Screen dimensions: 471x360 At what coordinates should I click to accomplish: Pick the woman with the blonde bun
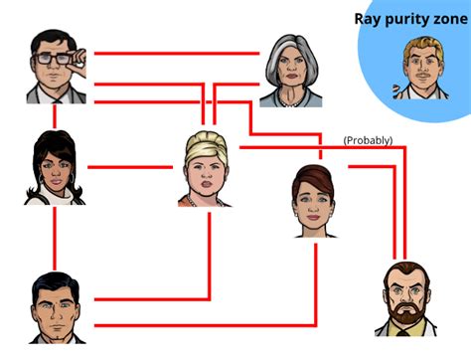click(207, 169)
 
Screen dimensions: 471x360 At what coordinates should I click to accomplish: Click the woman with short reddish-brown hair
click(317, 199)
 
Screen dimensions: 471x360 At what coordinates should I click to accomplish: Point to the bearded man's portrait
click(405, 297)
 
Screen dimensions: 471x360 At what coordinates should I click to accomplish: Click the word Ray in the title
click(370, 18)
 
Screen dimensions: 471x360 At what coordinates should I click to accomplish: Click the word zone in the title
click(453, 18)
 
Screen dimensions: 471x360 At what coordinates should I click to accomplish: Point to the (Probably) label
click(368, 140)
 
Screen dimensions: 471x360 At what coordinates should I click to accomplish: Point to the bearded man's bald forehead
click(405, 273)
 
